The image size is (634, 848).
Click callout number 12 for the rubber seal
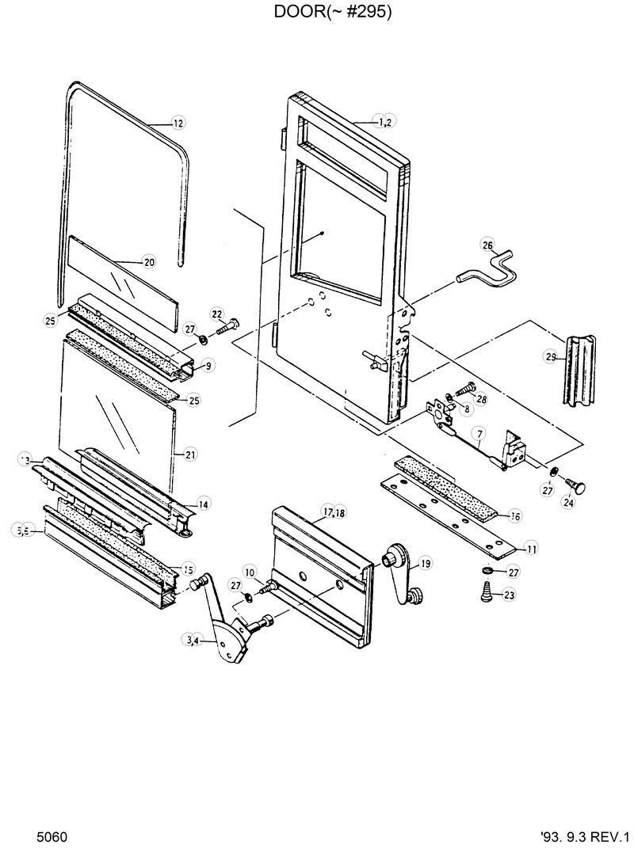coord(178,123)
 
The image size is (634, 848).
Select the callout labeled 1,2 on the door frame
coord(386,121)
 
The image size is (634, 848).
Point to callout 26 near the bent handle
coord(487,245)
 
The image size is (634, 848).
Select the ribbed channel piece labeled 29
coord(580,371)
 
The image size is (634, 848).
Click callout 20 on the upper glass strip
coord(149,261)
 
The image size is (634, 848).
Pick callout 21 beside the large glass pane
coord(191,454)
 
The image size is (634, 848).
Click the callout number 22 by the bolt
coord(216,315)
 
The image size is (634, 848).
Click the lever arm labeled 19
coord(400,569)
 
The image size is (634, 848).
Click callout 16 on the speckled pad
coord(514,516)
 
